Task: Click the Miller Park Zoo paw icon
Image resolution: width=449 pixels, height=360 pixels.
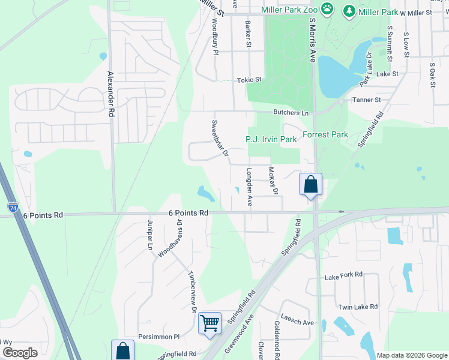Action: (327, 9)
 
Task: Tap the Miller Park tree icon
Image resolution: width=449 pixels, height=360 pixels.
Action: (349, 11)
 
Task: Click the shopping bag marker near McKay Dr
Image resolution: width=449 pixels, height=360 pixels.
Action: (310, 184)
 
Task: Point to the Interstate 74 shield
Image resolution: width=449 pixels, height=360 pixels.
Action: (13, 207)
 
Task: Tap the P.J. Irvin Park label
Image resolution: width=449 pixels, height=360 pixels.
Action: (271, 139)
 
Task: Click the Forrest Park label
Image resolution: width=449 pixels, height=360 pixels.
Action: (325, 134)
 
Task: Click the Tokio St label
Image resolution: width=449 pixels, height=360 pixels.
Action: (250, 79)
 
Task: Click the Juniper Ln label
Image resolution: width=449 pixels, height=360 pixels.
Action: (150, 234)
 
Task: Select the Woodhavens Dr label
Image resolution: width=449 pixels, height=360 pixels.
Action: (170, 238)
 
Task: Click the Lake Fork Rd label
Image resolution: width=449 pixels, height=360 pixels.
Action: (343, 275)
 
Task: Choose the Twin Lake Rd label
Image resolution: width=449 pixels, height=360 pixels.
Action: (358, 306)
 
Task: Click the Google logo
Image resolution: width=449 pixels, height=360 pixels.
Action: (20, 353)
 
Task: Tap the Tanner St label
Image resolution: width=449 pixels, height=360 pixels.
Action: (367, 100)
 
